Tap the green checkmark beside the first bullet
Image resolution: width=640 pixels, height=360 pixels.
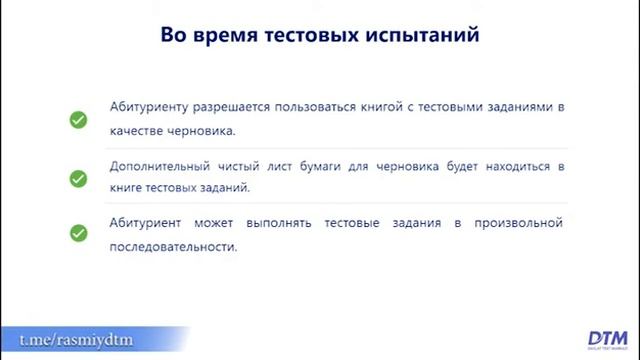pos(78,120)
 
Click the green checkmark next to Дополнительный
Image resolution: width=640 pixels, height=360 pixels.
pos(78,178)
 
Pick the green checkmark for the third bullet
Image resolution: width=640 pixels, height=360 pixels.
pos(78,234)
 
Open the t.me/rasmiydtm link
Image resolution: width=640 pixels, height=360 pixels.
pos(70,341)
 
